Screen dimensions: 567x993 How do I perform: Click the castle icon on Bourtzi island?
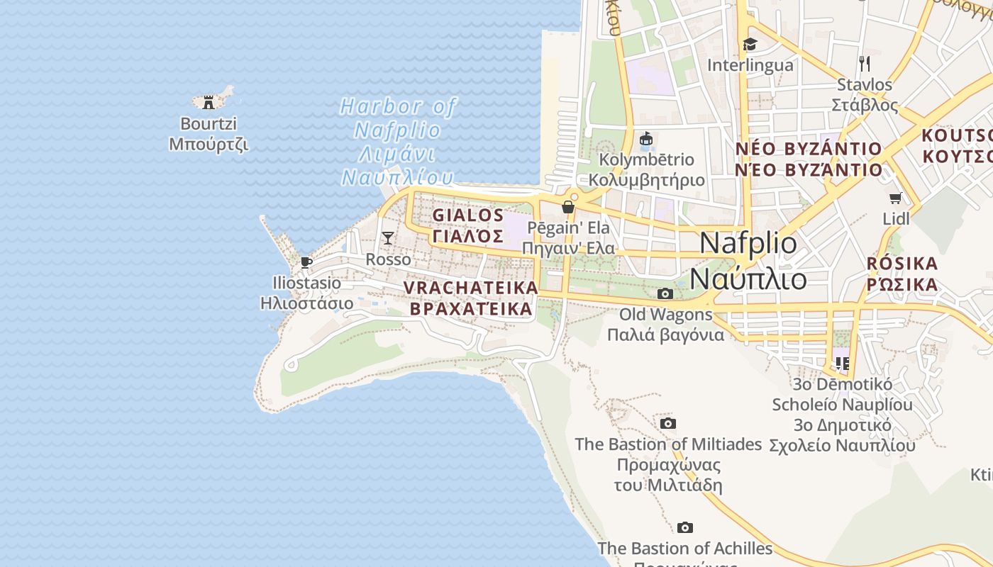(208, 102)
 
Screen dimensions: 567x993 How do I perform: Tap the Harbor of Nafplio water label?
(397, 142)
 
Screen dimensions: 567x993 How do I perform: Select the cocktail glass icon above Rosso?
(388, 237)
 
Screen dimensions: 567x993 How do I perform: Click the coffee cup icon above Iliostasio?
(306, 262)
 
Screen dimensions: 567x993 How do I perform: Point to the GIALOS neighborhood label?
(468, 225)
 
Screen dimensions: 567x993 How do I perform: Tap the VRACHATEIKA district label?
(471, 298)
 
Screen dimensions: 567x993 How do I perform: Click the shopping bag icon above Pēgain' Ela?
(567, 207)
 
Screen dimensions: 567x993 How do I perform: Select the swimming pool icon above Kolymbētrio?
(645, 139)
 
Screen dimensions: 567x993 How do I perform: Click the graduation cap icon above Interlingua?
(750, 45)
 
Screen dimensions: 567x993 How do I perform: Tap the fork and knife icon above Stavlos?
(864, 64)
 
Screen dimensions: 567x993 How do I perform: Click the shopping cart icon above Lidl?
(896, 198)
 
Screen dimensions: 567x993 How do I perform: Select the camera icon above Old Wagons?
(665, 293)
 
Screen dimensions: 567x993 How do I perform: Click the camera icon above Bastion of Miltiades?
(667, 423)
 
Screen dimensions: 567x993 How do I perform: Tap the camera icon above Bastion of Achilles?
(684, 527)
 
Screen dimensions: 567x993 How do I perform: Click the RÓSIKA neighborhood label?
(902, 274)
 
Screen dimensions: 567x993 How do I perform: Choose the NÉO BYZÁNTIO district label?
(809, 159)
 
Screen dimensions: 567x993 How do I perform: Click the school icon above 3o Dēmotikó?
(842, 364)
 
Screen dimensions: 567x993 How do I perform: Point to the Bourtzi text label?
(209, 133)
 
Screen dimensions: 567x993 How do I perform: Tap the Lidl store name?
(896, 218)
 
